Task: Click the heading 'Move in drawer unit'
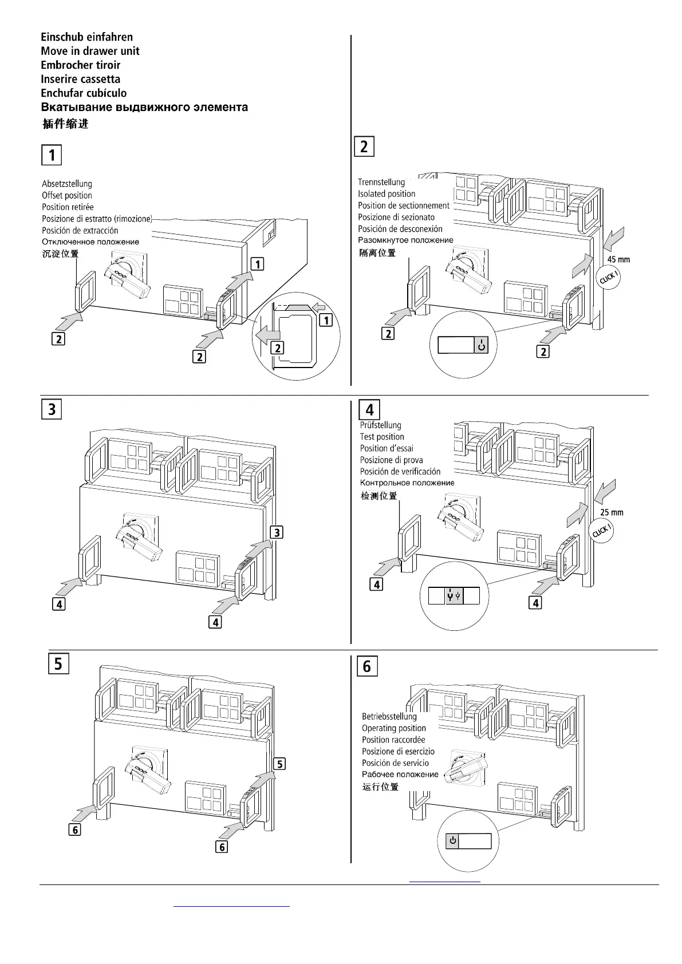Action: [90, 51]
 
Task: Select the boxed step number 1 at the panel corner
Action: [52, 155]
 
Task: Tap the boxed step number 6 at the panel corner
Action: [367, 666]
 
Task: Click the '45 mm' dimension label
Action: [618, 259]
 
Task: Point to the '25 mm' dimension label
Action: [612, 512]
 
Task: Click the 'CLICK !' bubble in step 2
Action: [608, 278]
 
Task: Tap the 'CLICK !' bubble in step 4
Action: [601, 531]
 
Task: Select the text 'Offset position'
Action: [67, 195]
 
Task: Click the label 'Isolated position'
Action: [387, 194]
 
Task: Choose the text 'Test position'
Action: [382, 437]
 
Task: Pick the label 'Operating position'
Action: [394, 728]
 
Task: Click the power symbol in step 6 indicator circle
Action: [453, 840]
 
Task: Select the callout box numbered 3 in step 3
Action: [276, 532]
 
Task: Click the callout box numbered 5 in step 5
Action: [279, 764]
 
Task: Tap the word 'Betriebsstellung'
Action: [389, 716]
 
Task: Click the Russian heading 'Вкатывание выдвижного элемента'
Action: [144, 107]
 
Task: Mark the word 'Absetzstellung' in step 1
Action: [67, 184]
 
